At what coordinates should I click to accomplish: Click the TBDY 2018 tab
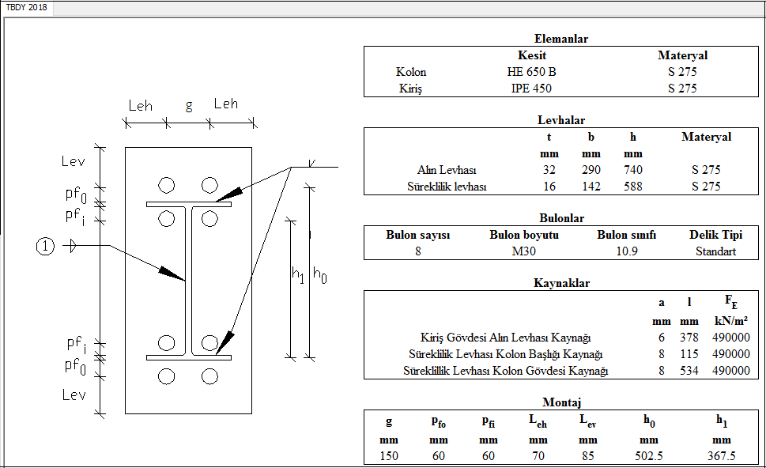pyautogui.click(x=28, y=7)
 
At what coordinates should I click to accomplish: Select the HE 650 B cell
pyautogui.click(x=531, y=72)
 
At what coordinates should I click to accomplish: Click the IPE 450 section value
pyautogui.click(x=531, y=89)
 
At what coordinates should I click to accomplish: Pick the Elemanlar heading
pyautogui.click(x=560, y=39)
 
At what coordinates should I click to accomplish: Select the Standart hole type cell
pyautogui.click(x=715, y=251)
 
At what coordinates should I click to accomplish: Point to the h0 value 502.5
pyautogui.click(x=648, y=455)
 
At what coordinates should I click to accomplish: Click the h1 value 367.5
pyautogui.click(x=721, y=455)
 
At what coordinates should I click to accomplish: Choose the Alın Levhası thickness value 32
pyautogui.click(x=549, y=170)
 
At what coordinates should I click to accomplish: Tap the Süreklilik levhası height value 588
pyautogui.click(x=632, y=187)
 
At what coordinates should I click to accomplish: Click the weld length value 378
pyautogui.click(x=689, y=338)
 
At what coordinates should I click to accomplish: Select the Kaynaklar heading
pyautogui.click(x=561, y=283)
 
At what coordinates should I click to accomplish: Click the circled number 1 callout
pyautogui.click(x=45, y=247)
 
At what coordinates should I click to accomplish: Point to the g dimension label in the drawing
pyautogui.click(x=189, y=106)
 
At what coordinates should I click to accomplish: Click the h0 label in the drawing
pyautogui.click(x=319, y=274)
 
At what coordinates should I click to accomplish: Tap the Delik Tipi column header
pyautogui.click(x=715, y=235)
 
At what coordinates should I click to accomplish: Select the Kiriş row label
pyautogui.click(x=410, y=89)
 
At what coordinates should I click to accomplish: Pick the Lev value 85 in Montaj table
pyautogui.click(x=587, y=455)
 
